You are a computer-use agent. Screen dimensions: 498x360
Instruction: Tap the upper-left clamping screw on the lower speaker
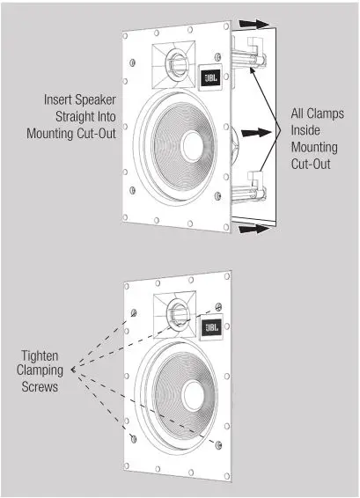click(x=134, y=312)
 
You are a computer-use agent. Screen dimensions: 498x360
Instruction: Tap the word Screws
click(x=40, y=386)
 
